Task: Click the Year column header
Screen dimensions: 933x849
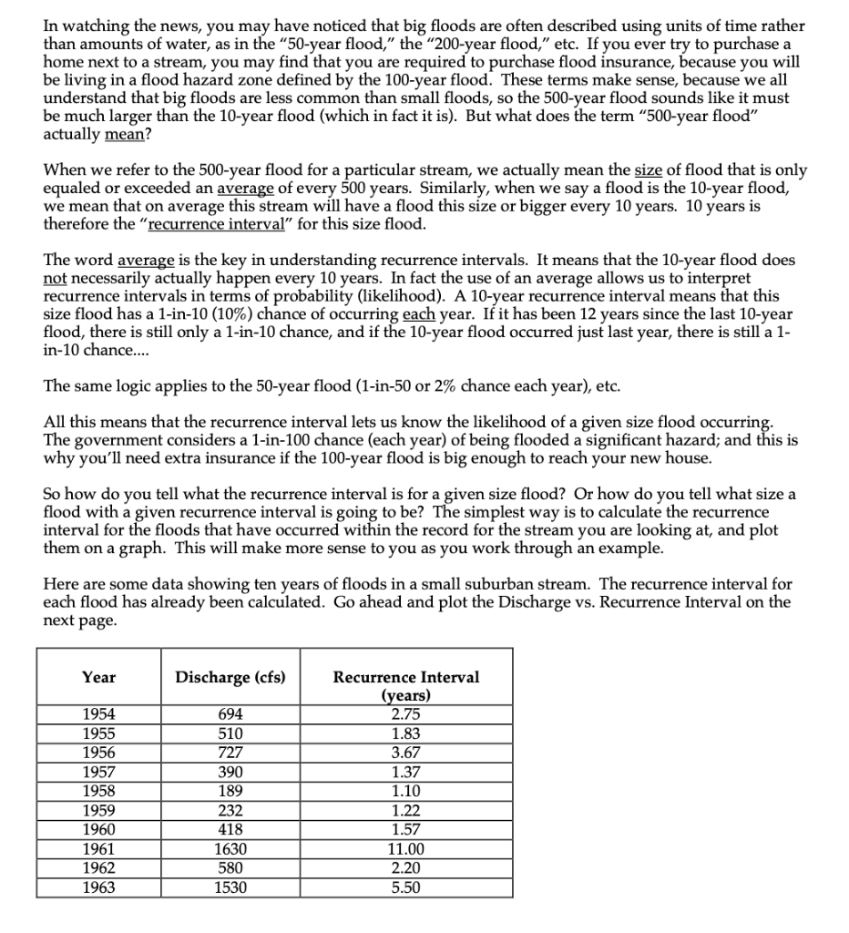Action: [x=98, y=677]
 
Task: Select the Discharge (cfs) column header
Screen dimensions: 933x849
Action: [x=230, y=677]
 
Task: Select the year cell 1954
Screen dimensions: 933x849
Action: [x=98, y=715]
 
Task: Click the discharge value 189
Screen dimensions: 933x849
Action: [x=230, y=792]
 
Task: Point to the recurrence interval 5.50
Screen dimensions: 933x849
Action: [x=406, y=887]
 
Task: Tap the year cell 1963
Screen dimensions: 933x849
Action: [x=98, y=887]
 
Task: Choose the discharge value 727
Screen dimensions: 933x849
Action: [x=230, y=753]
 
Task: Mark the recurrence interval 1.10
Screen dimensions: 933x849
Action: [x=406, y=792]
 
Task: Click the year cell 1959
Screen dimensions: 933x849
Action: [x=98, y=811]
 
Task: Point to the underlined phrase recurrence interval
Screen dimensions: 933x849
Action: [x=204, y=224]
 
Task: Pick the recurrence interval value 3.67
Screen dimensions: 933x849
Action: [x=406, y=753]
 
